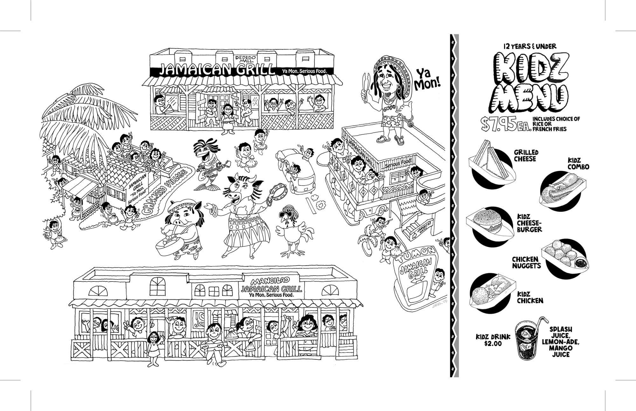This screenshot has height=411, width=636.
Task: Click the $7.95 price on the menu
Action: [506, 124]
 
